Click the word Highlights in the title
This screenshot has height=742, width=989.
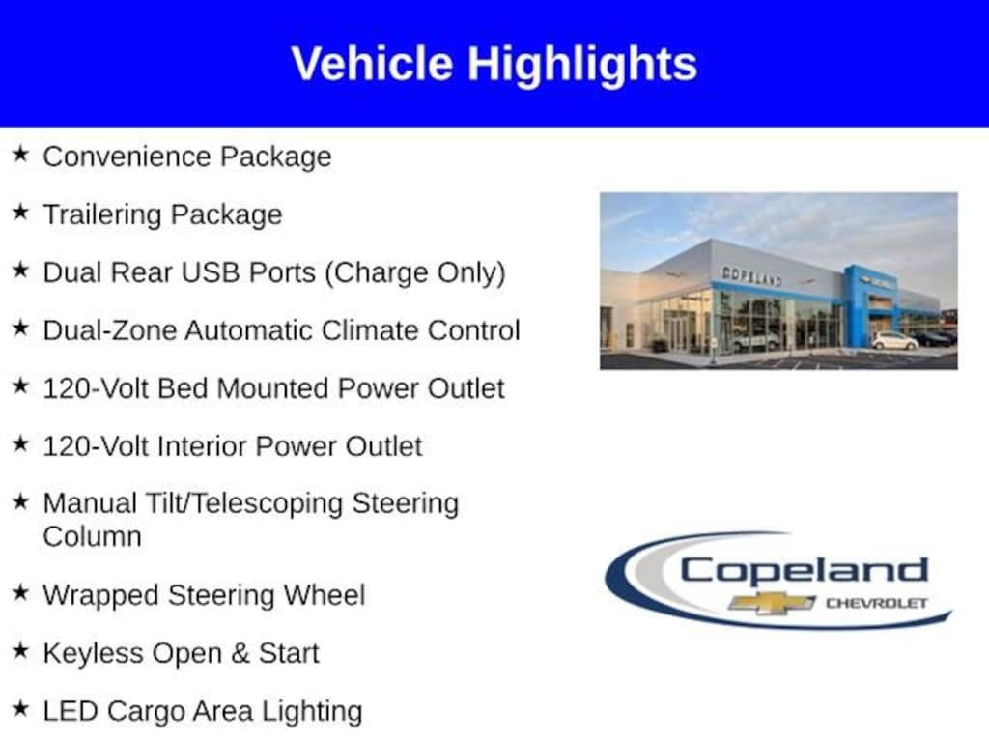point(582,65)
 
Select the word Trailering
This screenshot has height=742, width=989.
point(102,214)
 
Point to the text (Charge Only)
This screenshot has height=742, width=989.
point(415,273)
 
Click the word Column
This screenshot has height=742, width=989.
point(92,537)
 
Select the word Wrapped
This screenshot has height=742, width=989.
point(100,595)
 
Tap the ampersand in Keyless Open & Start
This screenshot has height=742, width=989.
point(240,653)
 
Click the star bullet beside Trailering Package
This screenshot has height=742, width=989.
point(21,212)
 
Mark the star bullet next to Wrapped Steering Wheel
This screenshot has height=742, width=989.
point(21,592)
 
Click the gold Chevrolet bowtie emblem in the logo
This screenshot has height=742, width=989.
point(772,603)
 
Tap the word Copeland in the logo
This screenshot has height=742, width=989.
point(805,570)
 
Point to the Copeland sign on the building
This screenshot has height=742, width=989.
point(751,275)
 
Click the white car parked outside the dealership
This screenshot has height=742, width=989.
point(894,341)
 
